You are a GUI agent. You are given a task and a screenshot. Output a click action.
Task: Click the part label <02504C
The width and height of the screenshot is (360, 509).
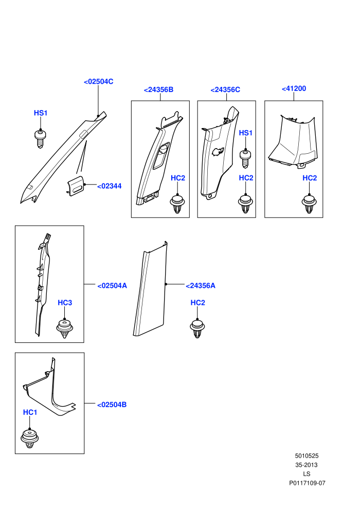[99, 81]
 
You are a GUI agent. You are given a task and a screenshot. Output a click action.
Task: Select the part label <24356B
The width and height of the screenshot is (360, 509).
[159, 89]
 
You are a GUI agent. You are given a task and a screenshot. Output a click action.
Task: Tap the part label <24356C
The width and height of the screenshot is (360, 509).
[225, 89]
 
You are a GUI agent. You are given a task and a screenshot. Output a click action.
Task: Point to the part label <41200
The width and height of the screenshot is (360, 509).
[294, 88]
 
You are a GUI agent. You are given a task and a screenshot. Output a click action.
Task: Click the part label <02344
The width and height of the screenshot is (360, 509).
[110, 186]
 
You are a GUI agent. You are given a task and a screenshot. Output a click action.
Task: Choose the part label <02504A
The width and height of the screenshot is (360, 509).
[112, 286]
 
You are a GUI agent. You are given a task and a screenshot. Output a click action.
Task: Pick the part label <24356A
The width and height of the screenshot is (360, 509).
[201, 286]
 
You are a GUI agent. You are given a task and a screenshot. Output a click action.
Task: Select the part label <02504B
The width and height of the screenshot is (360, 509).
[112, 405]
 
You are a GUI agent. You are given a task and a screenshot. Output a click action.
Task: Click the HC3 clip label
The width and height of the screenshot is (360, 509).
[65, 302]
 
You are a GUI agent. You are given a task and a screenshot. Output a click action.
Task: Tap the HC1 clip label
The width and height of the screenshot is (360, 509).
[30, 412]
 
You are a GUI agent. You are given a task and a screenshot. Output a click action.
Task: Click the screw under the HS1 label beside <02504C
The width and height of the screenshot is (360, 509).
[40, 139]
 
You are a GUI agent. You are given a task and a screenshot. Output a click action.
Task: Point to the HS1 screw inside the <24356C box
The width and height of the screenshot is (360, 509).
[246, 159]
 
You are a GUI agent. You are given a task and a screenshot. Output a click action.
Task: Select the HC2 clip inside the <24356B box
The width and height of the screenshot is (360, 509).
[177, 204]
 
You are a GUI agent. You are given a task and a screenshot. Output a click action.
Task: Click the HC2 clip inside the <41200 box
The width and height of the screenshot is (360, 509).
[310, 204]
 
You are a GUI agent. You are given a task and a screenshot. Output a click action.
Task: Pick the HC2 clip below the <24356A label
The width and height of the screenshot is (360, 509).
[197, 329]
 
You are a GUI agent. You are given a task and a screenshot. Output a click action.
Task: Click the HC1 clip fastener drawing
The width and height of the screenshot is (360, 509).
[30, 438]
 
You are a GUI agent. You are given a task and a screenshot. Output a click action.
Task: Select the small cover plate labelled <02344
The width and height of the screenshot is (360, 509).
[76, 186]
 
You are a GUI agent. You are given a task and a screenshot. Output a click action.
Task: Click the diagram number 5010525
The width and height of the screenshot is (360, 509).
[307, 456]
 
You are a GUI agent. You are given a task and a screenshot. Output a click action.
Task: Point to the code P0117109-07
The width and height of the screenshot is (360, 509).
[307, 483]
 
